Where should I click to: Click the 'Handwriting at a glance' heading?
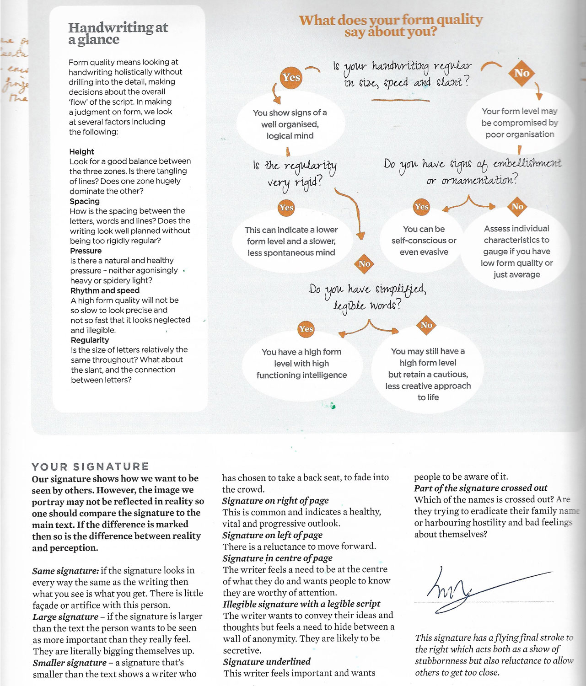(x=118, y=33)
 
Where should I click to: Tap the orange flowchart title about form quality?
(x=391, y=26)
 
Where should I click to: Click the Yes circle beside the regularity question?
(x=291, y=77)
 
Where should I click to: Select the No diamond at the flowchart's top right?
(x=521, y=73)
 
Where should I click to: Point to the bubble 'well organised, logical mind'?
(x=290, y=124)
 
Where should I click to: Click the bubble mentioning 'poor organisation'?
(x=520, y=123)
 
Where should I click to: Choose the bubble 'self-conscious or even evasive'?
(x=424, y=241)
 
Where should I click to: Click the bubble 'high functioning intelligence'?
(x=301, y=364)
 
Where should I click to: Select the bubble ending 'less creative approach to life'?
(x=428, y=374)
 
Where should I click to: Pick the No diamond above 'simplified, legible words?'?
(x=364, y=264)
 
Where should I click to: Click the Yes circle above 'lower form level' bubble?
(x=286, y=208)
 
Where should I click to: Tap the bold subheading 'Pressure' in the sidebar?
(x=86, y=251)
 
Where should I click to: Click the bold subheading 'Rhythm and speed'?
(x=105, y=290)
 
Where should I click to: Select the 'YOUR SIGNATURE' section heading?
(x=90, y=466)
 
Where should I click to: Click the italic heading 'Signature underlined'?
(x=267, y=661)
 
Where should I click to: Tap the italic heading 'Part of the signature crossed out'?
(x=480, y=488)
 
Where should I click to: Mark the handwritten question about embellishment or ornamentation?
(x=472, y=171)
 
